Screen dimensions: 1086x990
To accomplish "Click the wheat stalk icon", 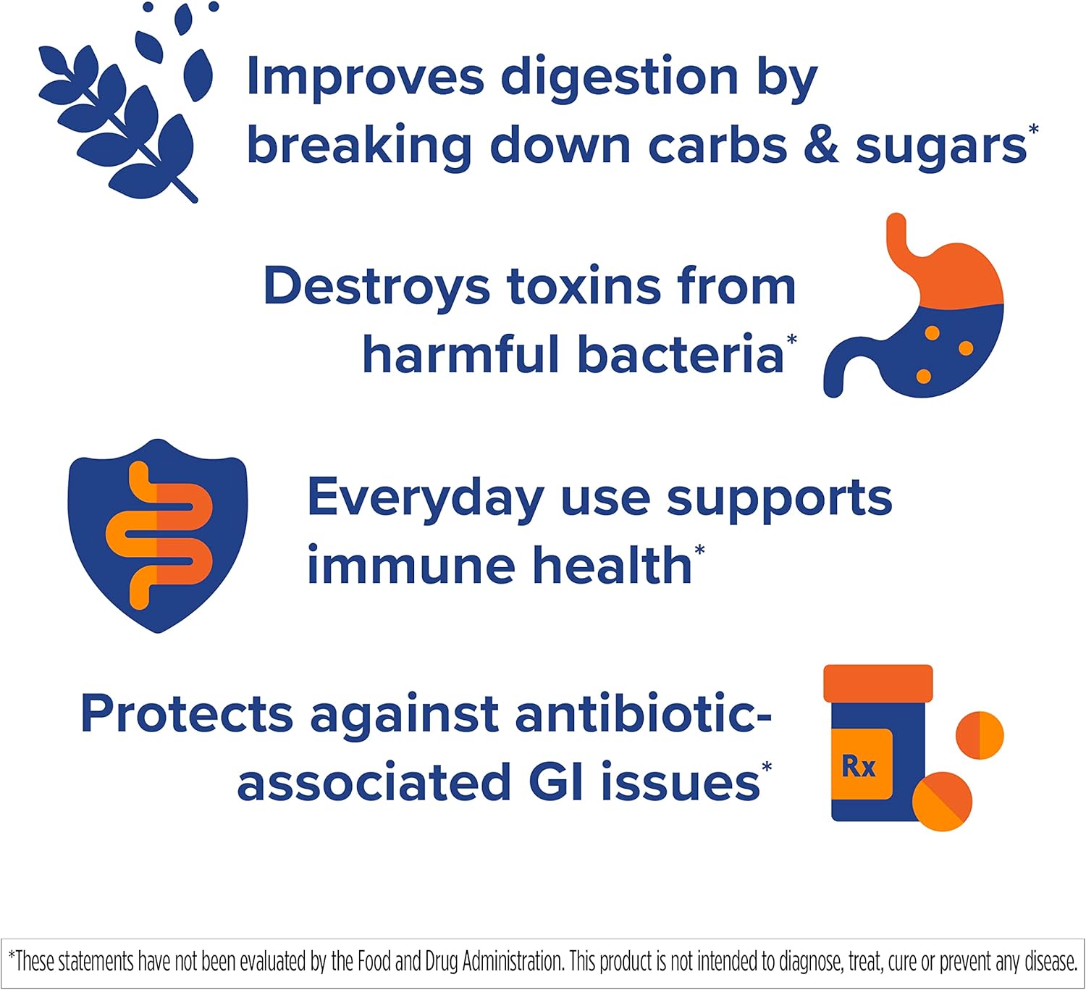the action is pos(125,102).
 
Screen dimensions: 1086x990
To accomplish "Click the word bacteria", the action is pos(681,354).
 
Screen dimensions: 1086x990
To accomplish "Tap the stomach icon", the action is pos(913,306).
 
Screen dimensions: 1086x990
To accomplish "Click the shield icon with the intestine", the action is pos(158,536).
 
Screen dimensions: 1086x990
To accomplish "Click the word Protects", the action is pos(188,713).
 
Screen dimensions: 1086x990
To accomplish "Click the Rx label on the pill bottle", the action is pos(859,766).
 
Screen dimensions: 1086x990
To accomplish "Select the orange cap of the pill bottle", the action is pos(878,684).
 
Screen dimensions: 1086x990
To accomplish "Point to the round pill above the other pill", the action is pos(980,735).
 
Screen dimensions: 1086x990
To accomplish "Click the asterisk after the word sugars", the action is pos(1033,130).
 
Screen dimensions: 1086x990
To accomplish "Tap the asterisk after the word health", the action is pos(699,550).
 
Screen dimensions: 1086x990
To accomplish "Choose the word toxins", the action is pos(584,286).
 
